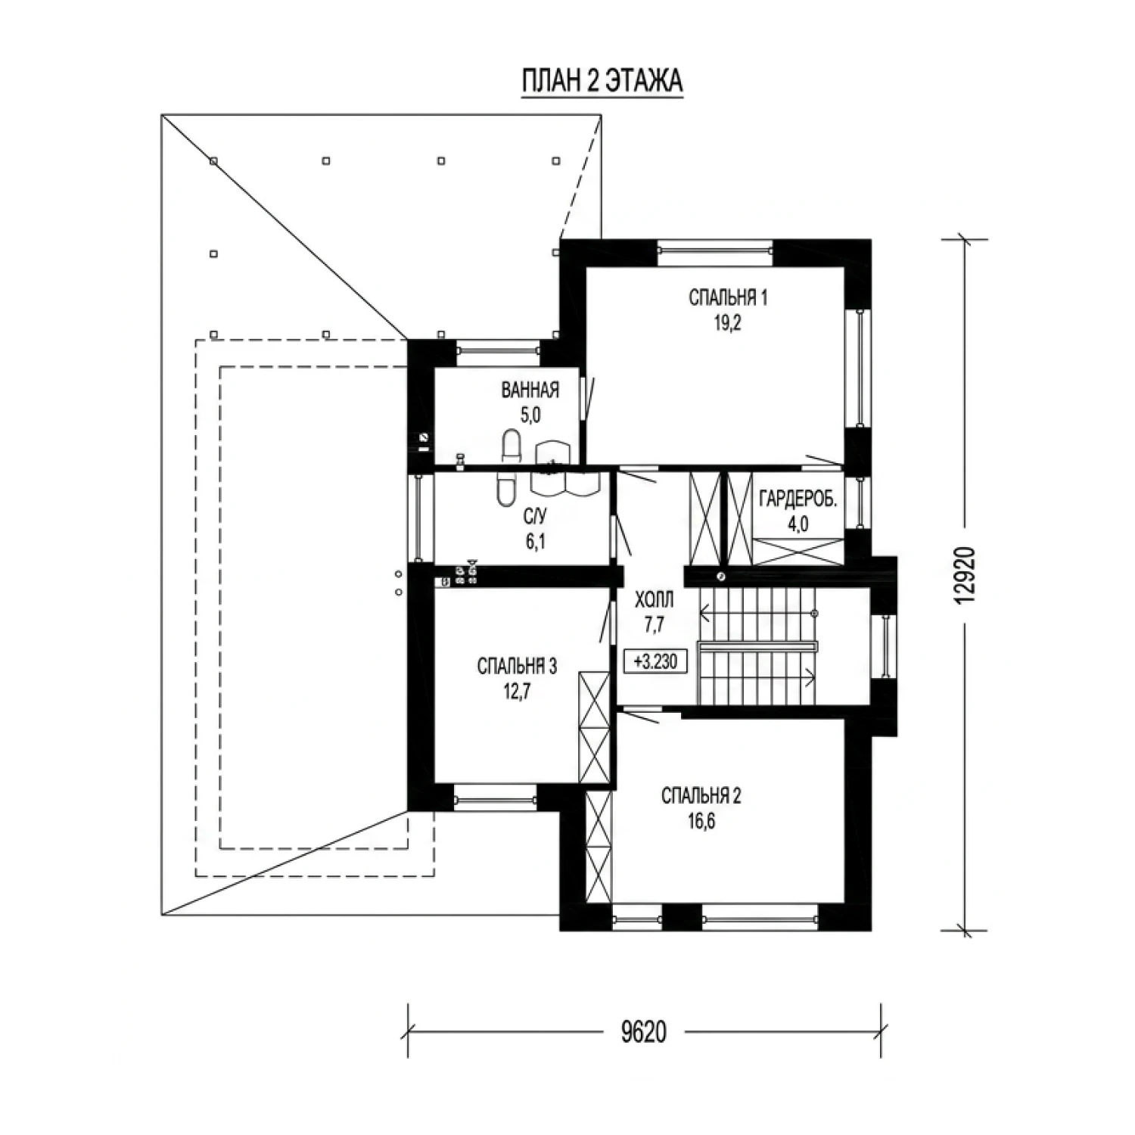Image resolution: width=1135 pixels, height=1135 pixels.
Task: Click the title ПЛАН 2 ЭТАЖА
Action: pos(602,81)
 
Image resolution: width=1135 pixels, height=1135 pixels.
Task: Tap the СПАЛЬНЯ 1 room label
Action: pos(728,297)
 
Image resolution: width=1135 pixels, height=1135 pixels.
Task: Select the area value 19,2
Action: pos(727,323)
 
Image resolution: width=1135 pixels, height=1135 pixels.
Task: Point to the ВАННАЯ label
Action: pos(530,390)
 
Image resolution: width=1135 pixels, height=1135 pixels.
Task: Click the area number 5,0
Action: pos(530,415)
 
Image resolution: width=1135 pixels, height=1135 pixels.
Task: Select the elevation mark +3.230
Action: pos(655,661)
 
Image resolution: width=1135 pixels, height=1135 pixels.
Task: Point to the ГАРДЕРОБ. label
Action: pos(798,499)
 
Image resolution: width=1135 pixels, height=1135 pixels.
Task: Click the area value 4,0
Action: pos(798,524)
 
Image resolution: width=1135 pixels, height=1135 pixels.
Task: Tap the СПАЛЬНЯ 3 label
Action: pos(517,666)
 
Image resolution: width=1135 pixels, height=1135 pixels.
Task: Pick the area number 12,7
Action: pos(518,691)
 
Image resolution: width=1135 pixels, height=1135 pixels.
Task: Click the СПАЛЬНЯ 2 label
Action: pos(701,795)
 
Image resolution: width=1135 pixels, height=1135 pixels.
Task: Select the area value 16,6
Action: pos(701,820)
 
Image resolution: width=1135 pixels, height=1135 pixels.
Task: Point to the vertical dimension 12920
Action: pos(965,575)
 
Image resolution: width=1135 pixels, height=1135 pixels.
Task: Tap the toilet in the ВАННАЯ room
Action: pos(512,445)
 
